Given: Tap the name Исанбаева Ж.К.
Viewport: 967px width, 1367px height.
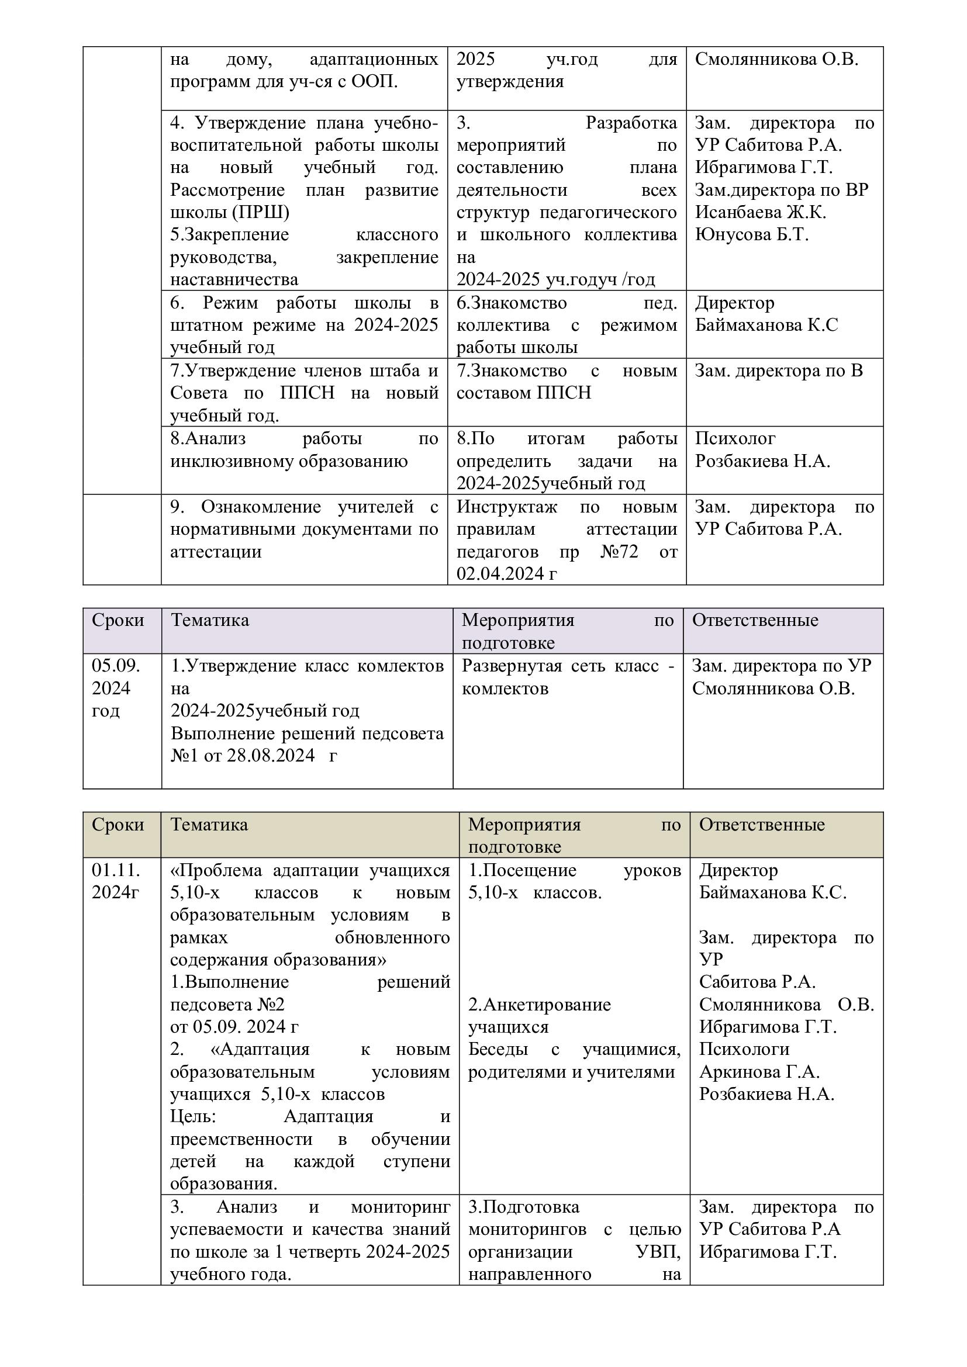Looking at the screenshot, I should (x=761, y=213).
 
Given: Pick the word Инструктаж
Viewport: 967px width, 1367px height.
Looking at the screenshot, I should (x=507, y=507).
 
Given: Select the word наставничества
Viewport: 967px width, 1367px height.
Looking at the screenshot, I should (x=234, y=279).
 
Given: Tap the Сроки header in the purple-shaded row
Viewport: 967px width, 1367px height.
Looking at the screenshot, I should (x=118, y=621).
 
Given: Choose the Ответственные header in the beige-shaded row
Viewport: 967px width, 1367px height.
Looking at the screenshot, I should (x=762, y=825).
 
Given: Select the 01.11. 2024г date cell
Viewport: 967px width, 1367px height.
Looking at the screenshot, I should (x=116, y=881).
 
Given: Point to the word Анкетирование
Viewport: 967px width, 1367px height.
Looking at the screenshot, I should (x=540, y=1005).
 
